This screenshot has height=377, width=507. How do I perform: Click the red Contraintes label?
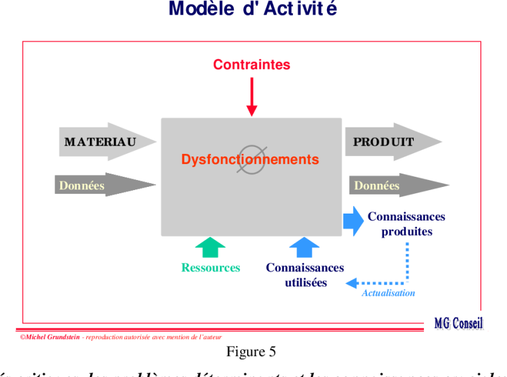click(252, 65)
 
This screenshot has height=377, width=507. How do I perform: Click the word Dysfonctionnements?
click(250, 160)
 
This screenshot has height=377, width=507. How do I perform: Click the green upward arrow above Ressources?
click(210, 247)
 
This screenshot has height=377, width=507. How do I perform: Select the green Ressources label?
click(210, 268)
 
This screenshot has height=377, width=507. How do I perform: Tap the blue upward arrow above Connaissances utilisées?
click(305, 247)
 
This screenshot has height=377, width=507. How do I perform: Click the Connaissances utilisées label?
click(305, 275)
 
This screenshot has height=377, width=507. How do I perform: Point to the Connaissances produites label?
click(406, 224)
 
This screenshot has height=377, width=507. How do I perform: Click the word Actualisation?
click(388, 293)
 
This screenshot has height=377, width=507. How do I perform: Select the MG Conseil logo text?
click(458, 324)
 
